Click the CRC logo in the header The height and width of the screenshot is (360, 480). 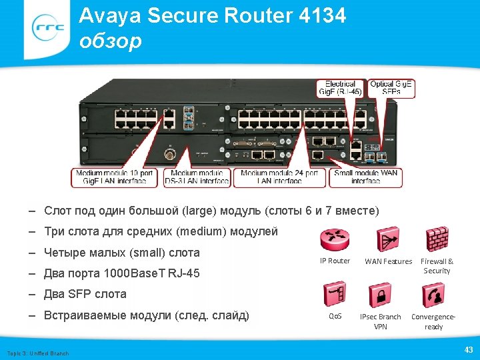pos(49,27)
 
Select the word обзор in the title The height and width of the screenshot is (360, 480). pos(110,41)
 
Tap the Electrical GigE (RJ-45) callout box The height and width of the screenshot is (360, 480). pos(340,88)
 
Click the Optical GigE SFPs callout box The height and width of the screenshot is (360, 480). pos(391,88)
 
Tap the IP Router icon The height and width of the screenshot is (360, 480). pos(335,239)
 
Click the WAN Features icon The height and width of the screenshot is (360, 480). pos(388,239)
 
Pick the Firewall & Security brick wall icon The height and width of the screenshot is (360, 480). pos(437,239)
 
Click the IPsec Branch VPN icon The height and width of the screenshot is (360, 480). pos(381,294)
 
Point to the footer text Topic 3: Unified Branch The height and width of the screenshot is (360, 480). pos(37,353)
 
